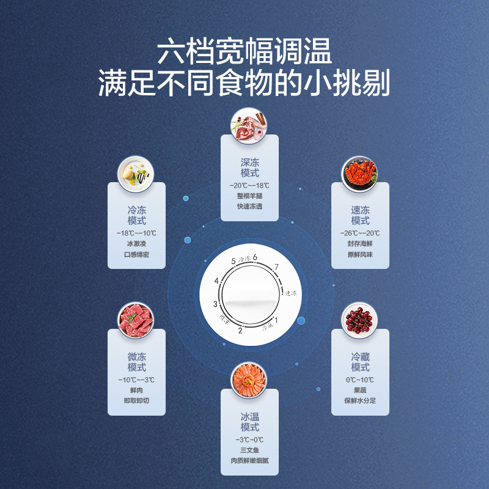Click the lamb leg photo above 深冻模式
coord(249,125)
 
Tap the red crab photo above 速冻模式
coord(360,172)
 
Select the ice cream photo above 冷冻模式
coord(137,172)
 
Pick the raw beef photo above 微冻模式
coord(137,320)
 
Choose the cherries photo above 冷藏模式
coord(360,320)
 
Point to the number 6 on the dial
coord(255,257)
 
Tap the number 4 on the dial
coord(216,281)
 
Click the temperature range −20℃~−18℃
coord(249,185)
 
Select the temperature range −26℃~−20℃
coord(360,233)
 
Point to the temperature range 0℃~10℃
coord(360,380)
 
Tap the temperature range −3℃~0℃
coord(249,439)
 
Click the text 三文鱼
coord(249,451)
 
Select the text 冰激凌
coord(137,244)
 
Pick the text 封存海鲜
coord(360,244)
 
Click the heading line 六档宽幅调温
coord(244,52)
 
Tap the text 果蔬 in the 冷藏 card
coord(360,391)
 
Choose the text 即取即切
coord(137,401)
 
